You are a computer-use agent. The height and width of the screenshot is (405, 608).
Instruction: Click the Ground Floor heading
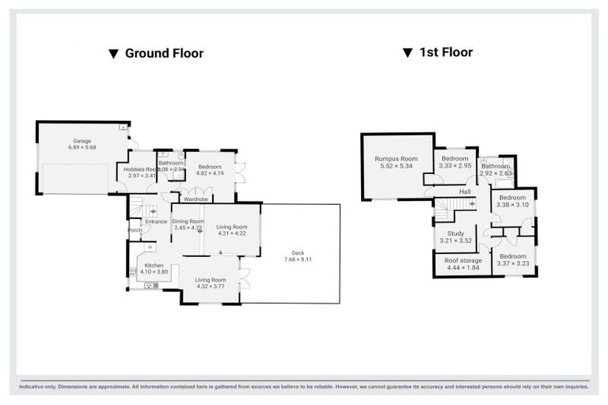coord(164,54)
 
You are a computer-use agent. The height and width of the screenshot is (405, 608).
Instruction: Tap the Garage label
coord(82,141)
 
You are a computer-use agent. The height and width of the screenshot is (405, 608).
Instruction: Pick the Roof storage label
coord(463,259)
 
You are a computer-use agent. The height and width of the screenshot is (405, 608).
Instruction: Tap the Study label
coord(455,233)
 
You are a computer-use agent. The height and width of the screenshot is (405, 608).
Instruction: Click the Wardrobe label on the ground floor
coord(196,199)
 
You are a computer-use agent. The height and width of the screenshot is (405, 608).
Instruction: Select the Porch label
coord(135,230)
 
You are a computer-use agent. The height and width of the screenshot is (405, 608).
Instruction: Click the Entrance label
coord(155,221)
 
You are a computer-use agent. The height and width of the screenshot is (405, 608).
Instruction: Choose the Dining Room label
coord(188,221)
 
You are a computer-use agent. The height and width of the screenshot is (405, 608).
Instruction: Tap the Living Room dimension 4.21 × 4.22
coord(232,233)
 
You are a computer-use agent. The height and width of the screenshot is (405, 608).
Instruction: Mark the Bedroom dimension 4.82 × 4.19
coord(211,173)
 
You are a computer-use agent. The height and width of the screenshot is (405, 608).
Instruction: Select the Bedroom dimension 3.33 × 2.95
coord(455,166)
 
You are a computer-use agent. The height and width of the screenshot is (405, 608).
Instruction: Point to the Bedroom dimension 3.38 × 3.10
coord(512,205)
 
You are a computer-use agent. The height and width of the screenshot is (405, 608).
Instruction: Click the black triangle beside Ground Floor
coord(114,55)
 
